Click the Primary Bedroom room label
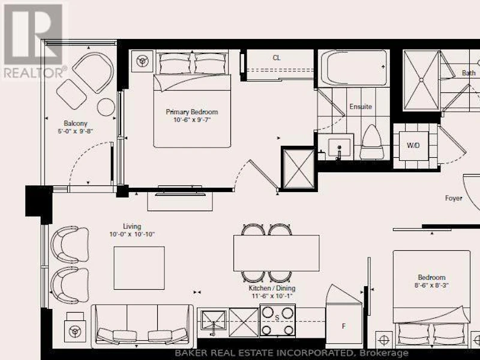click(191, 112)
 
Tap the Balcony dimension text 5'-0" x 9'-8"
click(76, 131)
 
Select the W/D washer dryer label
click(413, 145)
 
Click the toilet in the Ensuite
click(371, 142)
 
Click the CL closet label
click(277, 58)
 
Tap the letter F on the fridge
click(343, 326)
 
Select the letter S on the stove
click(277, 318)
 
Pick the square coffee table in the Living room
click(139, 268)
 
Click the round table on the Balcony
click(106, 107)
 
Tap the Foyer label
click(454, 198)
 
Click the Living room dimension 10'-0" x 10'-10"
click(132, 235)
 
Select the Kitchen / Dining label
click(272, 288)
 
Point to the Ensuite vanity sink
click(339, 147)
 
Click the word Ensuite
click(361, 107)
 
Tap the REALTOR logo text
click(35, 73)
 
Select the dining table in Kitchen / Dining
click(277, 253)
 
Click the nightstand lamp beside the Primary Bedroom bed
click(142, 61)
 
